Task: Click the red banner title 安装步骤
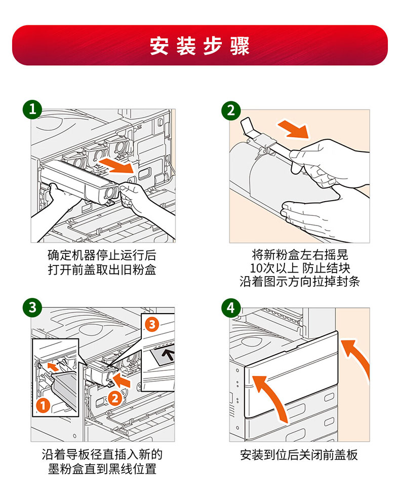tap(200, 46)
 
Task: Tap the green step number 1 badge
tap(32, 109)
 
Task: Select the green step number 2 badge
tap(231, 110)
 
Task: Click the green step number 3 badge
tap(32, 307)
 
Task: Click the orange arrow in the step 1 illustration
tap(116, 165)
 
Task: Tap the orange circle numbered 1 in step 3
tap(44, 405)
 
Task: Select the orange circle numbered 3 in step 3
tap(152, 324)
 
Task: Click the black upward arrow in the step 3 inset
tap(168, 354)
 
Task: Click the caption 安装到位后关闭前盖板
tap(299, 455)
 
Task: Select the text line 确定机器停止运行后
tap(102, 255)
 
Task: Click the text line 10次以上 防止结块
tap(300, 268)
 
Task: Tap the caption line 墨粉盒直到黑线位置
tap(102, 469)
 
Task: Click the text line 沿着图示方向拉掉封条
tap(299, 282)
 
